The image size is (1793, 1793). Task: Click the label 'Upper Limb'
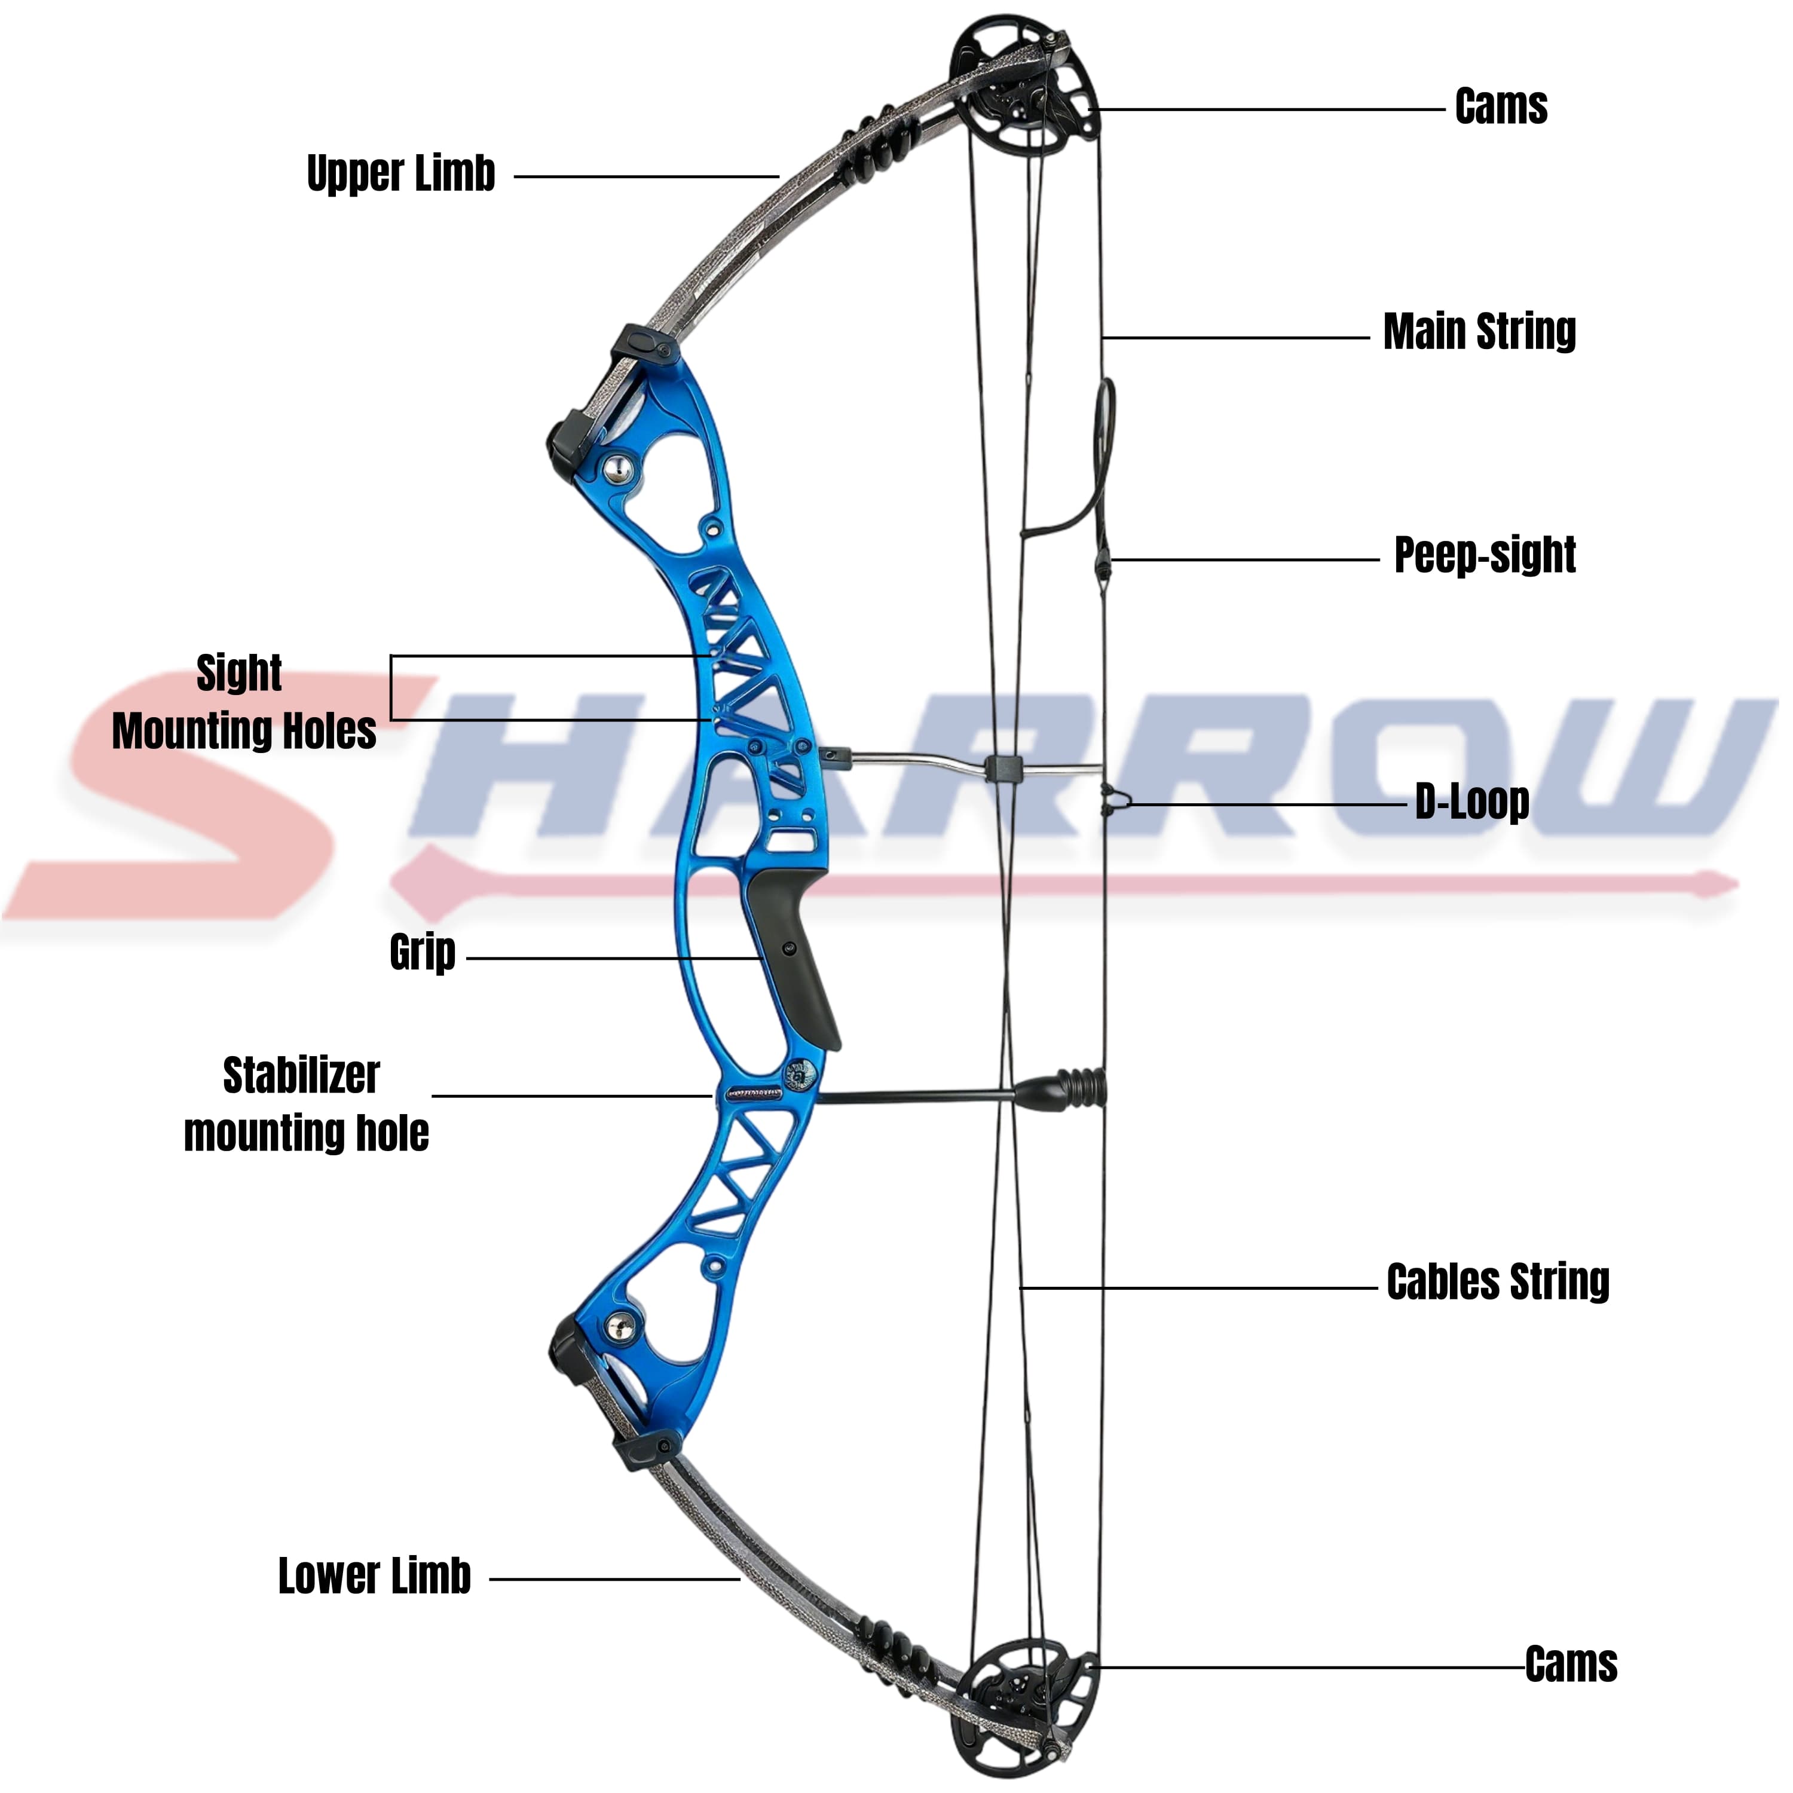[401, 175]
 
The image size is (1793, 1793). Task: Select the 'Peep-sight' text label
[1485, 556]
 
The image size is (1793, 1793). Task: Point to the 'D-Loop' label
[1472, 802]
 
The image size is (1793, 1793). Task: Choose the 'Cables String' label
[1498, 1281]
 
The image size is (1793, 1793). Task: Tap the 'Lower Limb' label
[375, 1576]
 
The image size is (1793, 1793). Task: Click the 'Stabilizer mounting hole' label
[305, 1104]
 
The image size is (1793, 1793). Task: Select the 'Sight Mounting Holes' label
[243, 702]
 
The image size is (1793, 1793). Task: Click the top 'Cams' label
[1501, 107]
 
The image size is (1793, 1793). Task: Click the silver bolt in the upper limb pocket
[618, 468]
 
